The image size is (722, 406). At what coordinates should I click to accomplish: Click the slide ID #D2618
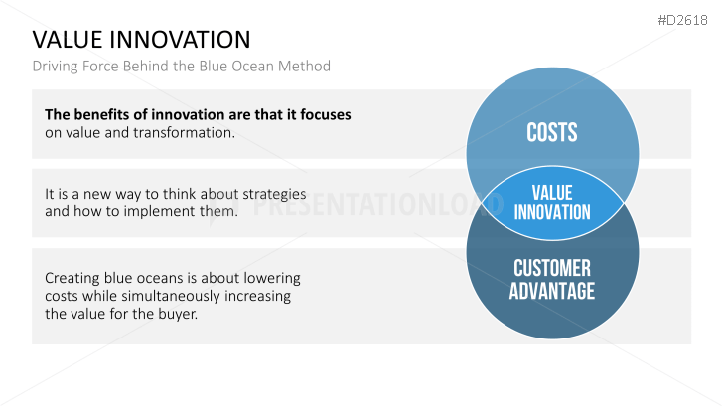(x=682, y=20)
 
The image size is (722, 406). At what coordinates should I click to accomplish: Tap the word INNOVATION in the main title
(x=180, y=40)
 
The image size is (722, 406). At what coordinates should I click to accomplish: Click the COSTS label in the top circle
(x=551, y=133)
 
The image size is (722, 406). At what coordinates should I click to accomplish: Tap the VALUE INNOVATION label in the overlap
(x=552, y=203)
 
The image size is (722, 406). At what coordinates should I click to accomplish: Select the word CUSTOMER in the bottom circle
(x=552, y=268)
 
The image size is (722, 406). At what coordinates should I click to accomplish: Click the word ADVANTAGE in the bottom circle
(x=552, y=291)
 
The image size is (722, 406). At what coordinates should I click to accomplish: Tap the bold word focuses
(x=326, y=114)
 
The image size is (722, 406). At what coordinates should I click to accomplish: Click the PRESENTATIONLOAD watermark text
(x=378, y=204)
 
